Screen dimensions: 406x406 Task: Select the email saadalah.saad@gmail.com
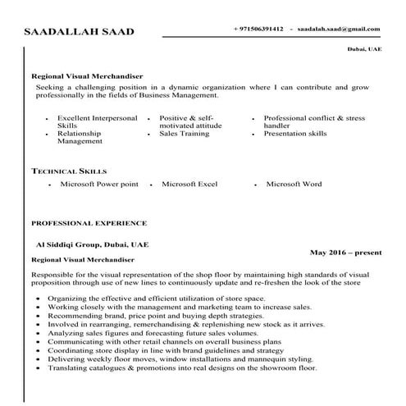pos(339,29)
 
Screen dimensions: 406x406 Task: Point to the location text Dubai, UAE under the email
pos(365,50)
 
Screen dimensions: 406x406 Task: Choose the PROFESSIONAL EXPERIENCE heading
pos(89,222)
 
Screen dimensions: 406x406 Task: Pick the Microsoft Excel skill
pos(189,185)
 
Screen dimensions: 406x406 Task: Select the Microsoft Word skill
pos(294,185)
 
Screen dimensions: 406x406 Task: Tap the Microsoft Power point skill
pos(99,185)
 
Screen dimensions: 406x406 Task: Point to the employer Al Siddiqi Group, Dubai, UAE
pos(92,244)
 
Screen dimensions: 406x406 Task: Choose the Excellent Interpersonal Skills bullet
pos(97,122)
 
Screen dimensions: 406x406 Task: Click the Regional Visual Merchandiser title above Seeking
pos(87,75)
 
